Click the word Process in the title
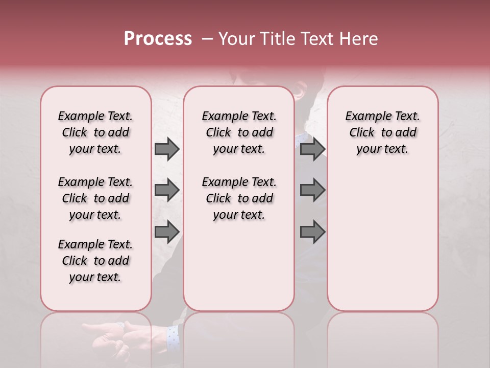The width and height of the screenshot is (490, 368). coord(158,39)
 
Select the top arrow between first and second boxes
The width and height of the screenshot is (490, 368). coord(166,149)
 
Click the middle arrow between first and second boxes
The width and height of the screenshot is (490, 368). coord(166,190)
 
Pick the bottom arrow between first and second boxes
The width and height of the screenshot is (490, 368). coord(166,232)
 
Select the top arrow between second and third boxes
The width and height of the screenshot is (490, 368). coord(312,149)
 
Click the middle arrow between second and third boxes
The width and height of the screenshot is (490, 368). coord(312,190)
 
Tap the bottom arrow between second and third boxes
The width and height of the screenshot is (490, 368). coord(312,232)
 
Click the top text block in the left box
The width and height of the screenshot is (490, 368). coord(95,132)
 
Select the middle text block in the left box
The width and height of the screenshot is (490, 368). coord(95,198)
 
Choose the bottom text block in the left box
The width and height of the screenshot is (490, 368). coord(95,261)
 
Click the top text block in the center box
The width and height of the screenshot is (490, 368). coord(239,132)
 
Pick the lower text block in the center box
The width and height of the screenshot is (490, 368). coord(239,198)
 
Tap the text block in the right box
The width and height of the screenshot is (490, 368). coord(383,132)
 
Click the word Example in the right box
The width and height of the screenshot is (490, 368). coord(364,117)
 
